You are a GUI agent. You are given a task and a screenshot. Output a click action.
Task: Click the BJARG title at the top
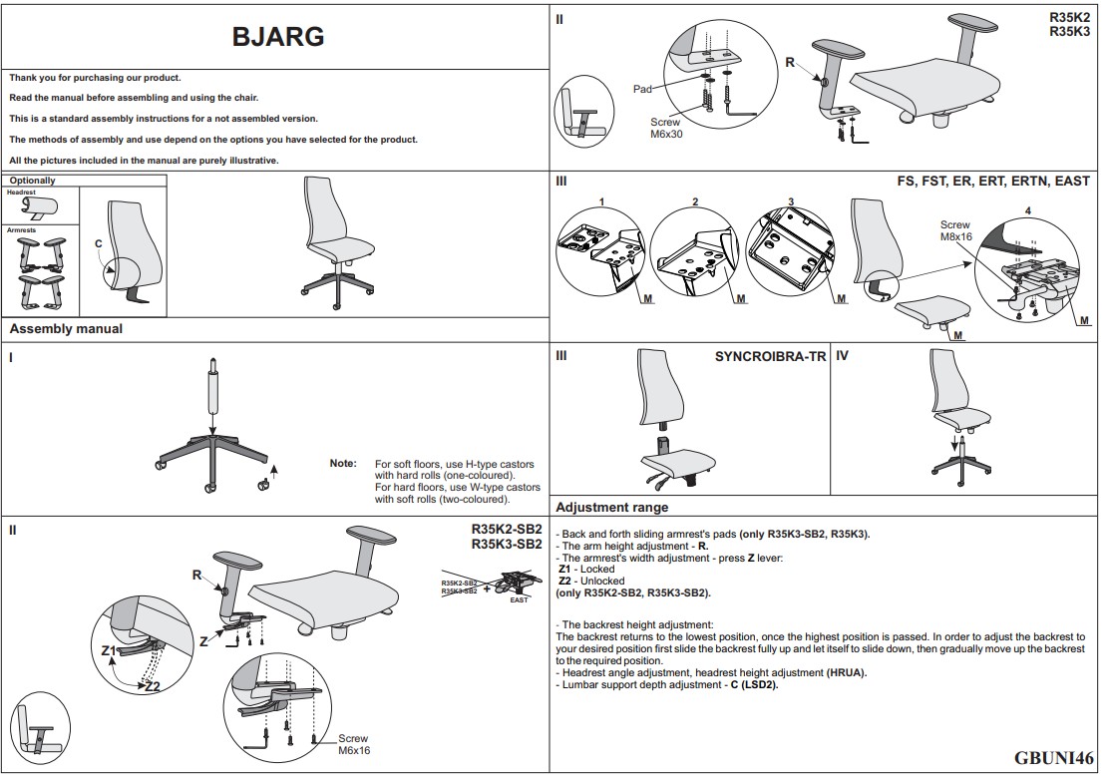pyautogui.click(x=277, y=37)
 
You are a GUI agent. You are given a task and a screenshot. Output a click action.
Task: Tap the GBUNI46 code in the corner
pyautogui.click(x=1053, y=758)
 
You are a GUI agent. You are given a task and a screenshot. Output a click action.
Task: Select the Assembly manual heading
pyautogui.click(x=66, y=329)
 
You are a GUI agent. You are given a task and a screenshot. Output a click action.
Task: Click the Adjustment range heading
pyautogui.click(x=611, y=508)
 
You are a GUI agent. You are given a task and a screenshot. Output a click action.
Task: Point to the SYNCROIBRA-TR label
pyautogui.click(x=770, y=356)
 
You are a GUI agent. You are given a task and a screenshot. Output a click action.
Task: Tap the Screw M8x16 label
pyautogui.click(x=954, y=231)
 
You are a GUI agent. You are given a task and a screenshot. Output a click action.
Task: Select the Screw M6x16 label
pyautogui.click(x=354, y=745)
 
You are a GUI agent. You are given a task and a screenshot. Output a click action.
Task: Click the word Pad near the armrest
pyautogui.click(x=642, y=90)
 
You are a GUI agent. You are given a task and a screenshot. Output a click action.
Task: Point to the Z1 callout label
pyautogui.click(x=109, y=649)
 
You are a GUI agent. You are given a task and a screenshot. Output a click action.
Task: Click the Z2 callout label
pyautogui.click(x=152, y=686)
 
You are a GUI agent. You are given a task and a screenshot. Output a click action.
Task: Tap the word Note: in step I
pyautogui.click(x=343, y=464)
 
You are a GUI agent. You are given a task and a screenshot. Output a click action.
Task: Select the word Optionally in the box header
pyautogui.click(x=33, y=181)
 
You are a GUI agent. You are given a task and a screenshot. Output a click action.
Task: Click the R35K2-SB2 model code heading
pyautogui.click(x=506, y=529)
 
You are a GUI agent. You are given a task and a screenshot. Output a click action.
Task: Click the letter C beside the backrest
pyautogui.click(x=98, y=243)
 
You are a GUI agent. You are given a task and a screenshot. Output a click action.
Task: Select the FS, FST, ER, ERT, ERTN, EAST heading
pyautogui.click(x=993, y=181)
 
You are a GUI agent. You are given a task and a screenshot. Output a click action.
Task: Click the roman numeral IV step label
pyautogui.click(x=842, y=356)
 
